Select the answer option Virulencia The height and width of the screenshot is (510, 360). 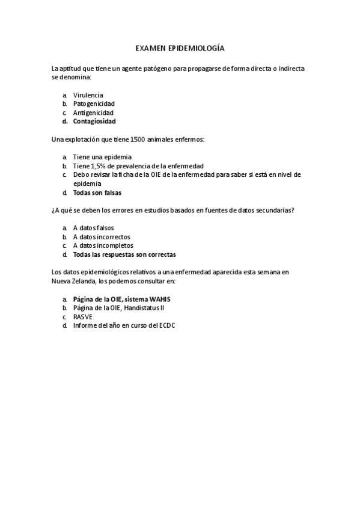(x=88, y=95)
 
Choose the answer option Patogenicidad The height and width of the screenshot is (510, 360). (x=94, y=103)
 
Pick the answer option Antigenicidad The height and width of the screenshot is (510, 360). (x=93, y=112)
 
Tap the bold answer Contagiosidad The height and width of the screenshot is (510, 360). (x=94, y=121)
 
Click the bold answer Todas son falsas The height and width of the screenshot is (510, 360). (x=97, y=192)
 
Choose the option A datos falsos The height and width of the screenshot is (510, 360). (x=93, y=228)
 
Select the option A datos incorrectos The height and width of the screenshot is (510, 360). (x=101, y=237)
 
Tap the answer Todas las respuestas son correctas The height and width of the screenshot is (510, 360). (x=124, y=254)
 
